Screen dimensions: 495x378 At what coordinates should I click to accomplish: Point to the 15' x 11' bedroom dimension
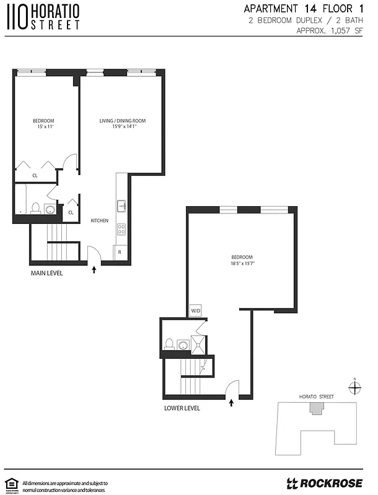pyautogui.click(x=43, y=126)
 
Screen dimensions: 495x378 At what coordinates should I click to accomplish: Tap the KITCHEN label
pyautogui.click(x=100, y=221)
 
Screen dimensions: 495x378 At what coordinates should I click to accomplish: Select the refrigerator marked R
pyautogui.click(x=120, y=252)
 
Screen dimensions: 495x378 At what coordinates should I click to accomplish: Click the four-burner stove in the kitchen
pyautogui.click(x=121, y=228)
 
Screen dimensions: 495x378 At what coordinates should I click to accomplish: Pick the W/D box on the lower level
pyautogui.click(x=195, y=311)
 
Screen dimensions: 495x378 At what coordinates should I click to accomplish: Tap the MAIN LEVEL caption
pyautogui.click(x=47, y=273)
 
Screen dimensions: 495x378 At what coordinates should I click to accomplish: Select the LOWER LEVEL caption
pyautogui.click(x=182, y=408)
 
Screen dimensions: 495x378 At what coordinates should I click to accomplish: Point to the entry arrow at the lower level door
pyautogui.click(x=232, y=403)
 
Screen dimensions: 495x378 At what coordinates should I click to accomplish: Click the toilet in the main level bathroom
pyautogui.click(x=36, y=209)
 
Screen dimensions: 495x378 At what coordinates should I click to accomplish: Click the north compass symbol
pyautogui.click(x=354, y=388)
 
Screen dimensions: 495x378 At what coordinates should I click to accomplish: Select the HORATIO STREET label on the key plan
pyautogui.click(x=316, y=396)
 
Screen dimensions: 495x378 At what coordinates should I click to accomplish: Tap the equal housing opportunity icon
pyautogui.click(x=11, y=483)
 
